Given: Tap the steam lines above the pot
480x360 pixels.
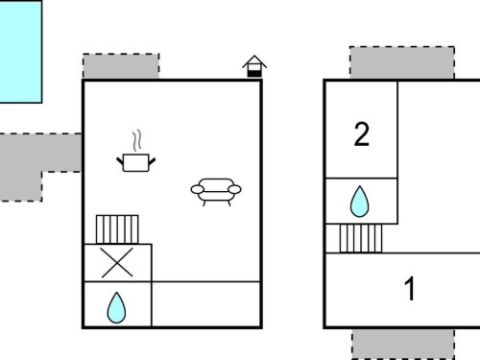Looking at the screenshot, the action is click(x=137, y=140).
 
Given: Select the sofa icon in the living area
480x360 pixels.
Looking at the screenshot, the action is click(x=216, y=192).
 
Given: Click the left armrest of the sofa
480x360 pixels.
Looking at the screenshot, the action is click(x=197, y=189).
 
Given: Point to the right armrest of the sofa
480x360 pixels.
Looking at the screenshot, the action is click(x=234, y=189).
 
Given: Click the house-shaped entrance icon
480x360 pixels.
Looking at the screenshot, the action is click(x=254, y=66).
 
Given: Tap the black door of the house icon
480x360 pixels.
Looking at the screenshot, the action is click(x=254, y=74).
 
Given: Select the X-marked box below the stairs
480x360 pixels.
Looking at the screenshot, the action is click(x=117, y=263).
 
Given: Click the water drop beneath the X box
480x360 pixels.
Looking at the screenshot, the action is click(x=116, y=308).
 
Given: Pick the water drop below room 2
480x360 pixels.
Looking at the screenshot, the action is click(x=360, y=202).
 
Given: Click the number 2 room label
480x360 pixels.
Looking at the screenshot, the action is click(x=362, y=134).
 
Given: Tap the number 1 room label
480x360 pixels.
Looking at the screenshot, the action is click(x=410, y=289).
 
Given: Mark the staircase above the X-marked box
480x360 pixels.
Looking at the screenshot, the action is click(x=117, y=229).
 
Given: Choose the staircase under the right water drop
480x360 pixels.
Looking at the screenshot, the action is click(x=361, y=238).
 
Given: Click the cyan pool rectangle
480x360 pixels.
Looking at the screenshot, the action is click(x=20, y=52).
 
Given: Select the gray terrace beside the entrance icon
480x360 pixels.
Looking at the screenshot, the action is click(x=121, y=66).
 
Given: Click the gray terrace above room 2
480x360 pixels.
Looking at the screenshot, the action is click(x=402, y=62).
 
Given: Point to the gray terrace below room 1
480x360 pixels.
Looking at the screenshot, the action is click(x=403, y=344).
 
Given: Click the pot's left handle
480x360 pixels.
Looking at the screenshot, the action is click(x=120, y=160).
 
